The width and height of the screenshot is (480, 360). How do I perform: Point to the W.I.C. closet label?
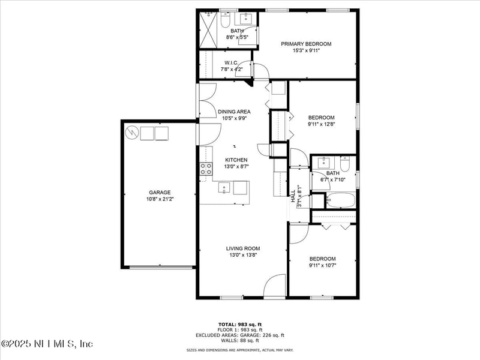pyautogui.click(x=232, y=62)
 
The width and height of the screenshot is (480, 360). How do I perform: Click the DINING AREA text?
pyautogui.click(x=234, y=112)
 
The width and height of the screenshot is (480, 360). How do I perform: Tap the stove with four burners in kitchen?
pyautogui.click(x=206, y=169)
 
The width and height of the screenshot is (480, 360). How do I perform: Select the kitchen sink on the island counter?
pyautogui.click(x=224, y=188)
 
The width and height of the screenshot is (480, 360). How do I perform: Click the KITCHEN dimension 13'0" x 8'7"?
pyautogui.click(x=236, y=167)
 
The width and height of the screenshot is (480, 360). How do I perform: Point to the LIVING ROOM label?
pyautogui.click(x=243, y=248)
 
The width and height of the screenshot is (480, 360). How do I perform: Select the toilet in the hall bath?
pyautogui.click(x=345, y=164)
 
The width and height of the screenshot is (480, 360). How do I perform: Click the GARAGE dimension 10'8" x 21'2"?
pyautogui.click(x=160, y=200)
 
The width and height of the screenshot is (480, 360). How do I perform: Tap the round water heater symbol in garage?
pyautogui.click(x=132, y=132)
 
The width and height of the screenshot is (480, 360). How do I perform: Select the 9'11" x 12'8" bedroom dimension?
pyautogui.click(x=322, y=125)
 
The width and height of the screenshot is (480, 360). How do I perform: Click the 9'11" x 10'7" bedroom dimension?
pyautogui.click(x=322, y=265)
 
